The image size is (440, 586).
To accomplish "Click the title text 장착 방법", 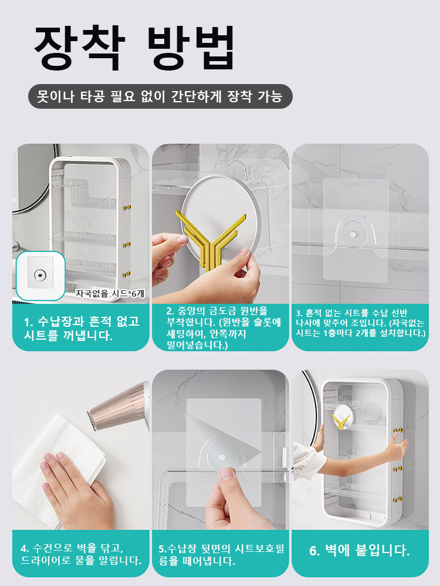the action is [x=134, y=48].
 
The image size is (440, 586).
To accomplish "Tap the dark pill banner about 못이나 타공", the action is [x=160, y=96].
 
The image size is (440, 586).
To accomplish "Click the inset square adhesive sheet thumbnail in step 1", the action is [x=40, y=276].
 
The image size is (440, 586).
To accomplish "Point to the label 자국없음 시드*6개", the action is [x=110, y=293].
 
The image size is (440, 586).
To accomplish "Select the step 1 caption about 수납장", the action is [x=82, y=328].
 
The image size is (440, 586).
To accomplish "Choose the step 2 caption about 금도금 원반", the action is [x=223, y=328].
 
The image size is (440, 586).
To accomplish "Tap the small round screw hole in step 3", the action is [x=353, y=235].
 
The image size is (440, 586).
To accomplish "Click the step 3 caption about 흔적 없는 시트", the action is [x=360, y=323].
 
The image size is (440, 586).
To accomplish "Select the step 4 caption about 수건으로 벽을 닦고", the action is [x=81, y=554].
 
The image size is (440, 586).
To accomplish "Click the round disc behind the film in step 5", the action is [x=222, y=457].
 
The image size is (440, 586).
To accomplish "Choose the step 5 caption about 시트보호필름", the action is [x=222, y=555].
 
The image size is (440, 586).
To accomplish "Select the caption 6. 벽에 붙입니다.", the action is [x=360, y=550].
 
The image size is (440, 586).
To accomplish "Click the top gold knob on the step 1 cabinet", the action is [x=127, y=207].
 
